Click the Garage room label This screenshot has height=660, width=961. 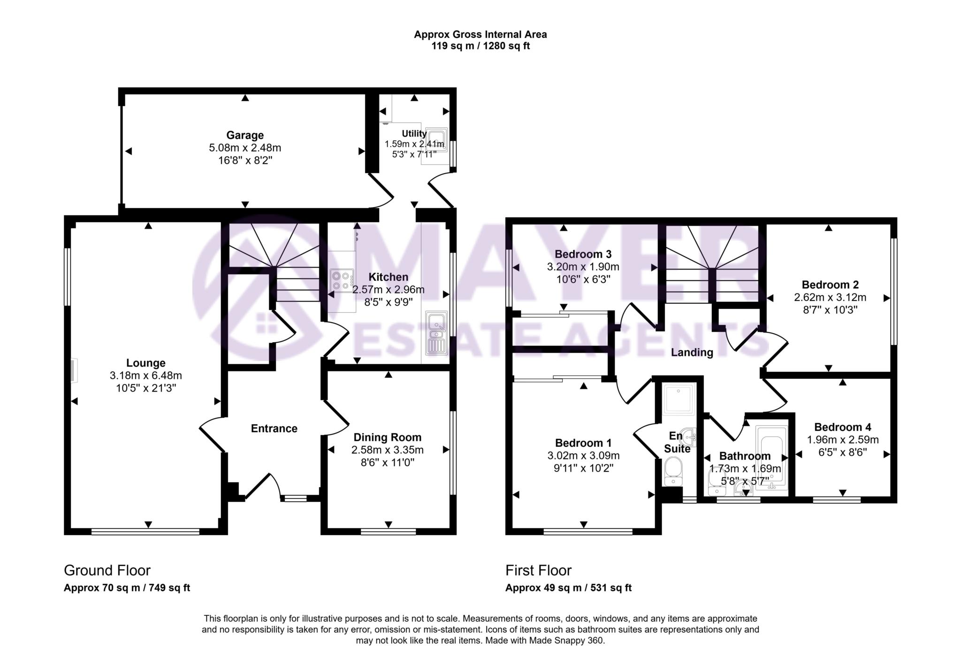coord(244,135)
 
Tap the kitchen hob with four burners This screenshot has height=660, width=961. coord(342,280)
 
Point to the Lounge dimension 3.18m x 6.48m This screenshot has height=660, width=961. coord(145,376)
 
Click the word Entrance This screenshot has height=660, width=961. coord(274,428)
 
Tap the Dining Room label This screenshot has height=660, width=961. coord(387,437)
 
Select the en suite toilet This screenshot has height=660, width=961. coord(674,472)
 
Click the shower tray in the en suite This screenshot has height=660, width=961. coord(679,399)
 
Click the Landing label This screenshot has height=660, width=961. coord(692,353)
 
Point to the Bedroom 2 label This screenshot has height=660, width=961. coord(830,284)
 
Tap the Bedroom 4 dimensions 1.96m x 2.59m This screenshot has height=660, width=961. coord(842,440)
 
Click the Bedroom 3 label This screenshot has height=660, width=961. coord(583,254)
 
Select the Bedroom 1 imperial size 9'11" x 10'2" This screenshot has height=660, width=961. coord(583,468)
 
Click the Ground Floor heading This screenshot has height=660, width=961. coord(107,570)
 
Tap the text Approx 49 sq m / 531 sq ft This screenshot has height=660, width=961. coord(568,588)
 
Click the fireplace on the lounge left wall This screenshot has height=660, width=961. coord(74,371)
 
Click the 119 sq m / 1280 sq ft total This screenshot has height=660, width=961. coord(480,46)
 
